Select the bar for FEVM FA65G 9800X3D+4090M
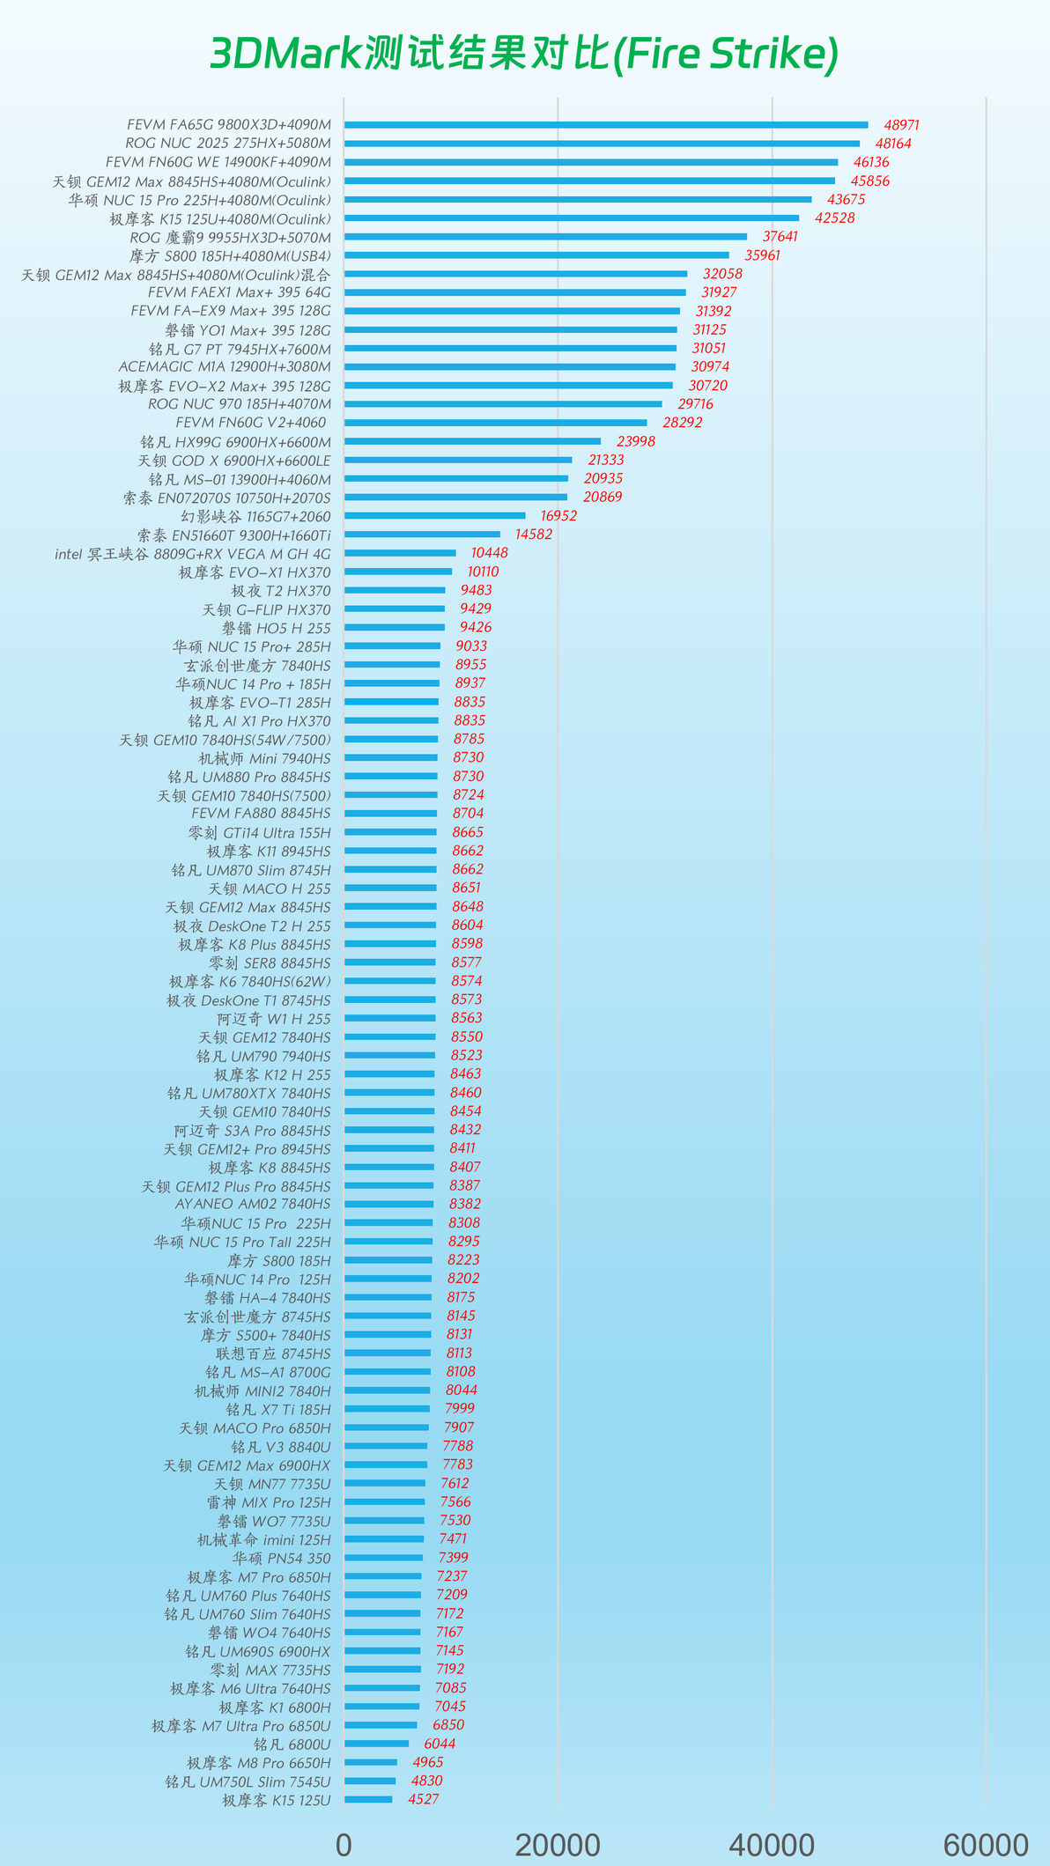tap(606, 125)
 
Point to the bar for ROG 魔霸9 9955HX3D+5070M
tap(545, 237)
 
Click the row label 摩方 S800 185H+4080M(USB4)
tap(230, 255)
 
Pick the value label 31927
tap(719, 292)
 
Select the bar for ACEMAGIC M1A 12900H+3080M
tap(510, 367)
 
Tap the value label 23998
tap(636, 441)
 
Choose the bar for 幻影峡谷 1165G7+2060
tap(435, 516)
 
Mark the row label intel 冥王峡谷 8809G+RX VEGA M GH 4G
tap(193, 554)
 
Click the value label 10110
tap(483, 572)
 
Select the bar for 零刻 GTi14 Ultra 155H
tap(390, 832)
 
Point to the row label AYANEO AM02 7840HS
tap(253, 1204)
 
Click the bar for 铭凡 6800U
tap(377, 1744)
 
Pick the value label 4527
tap(424, 1799)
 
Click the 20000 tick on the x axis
tap(558, 1844)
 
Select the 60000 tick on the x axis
tap(986, 1844)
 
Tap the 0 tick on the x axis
tap(344, 1844)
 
